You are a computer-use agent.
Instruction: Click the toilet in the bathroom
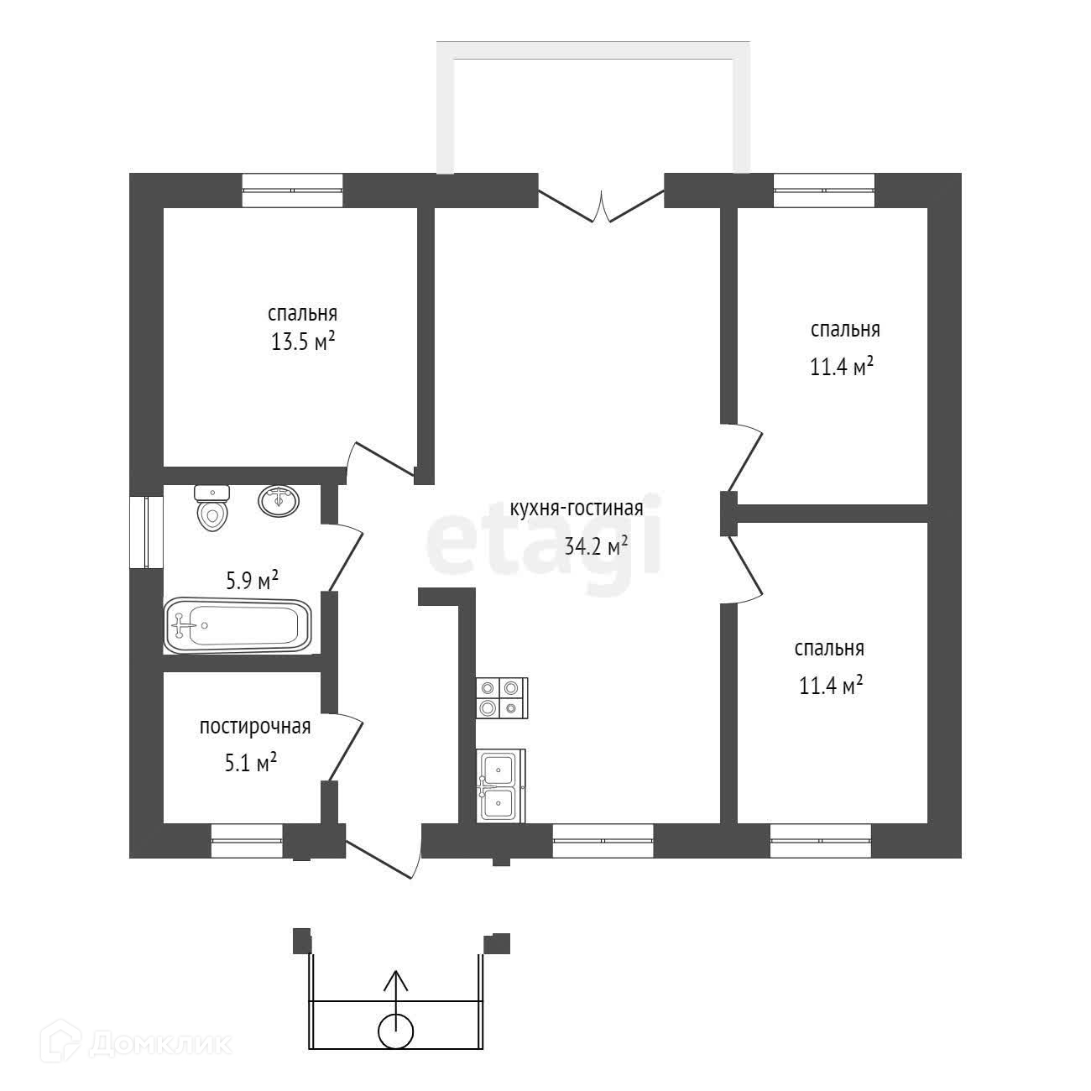[x=211, y=509]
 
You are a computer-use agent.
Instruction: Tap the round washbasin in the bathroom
[x=278, y=501]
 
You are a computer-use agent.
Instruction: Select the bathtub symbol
[x=238, y=625]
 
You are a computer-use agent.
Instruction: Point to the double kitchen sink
[x=499, y=786]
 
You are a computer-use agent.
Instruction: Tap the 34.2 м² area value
[x=597, y=546]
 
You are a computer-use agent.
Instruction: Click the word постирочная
[x=255, y=727]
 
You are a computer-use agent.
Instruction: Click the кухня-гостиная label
[x=577, y=509]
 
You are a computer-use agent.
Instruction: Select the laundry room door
[x=346, y=748]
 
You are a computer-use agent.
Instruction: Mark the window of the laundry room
[x=247, y=839]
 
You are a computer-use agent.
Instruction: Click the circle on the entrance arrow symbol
[x=396, y=1031]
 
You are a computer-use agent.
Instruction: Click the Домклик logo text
[x=159, y=1043]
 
